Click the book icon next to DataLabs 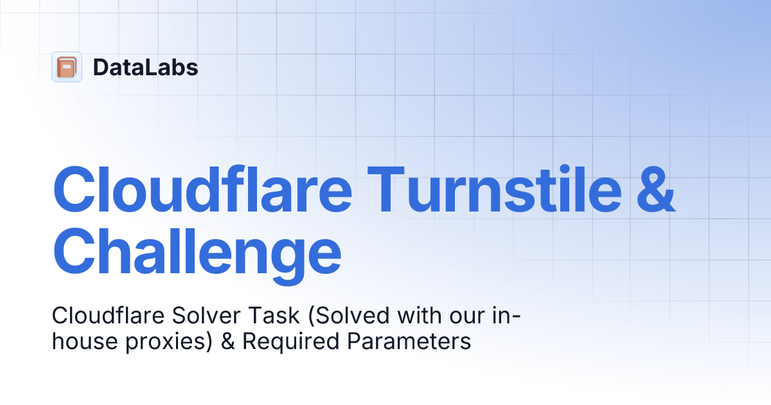coord(66,67)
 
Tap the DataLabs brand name coord(145,67)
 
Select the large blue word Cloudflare coord(202,190)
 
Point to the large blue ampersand coord(655,191)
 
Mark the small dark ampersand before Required coord(227,341)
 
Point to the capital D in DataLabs coord(101,67)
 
